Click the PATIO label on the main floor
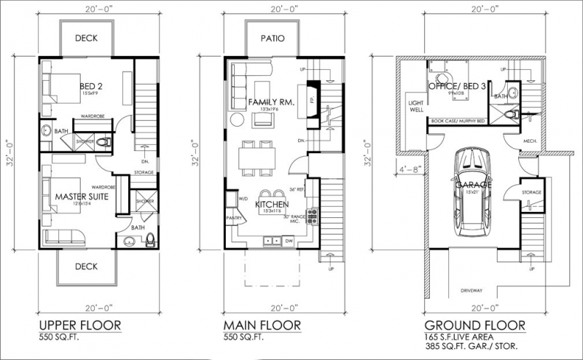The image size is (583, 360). [269, 38]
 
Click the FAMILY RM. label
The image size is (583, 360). [270, 103]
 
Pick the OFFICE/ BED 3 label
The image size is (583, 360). [458, 87]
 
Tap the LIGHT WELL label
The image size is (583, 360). [416, 107]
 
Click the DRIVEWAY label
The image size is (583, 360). [472, 289]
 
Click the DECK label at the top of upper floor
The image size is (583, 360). [86, 38]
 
